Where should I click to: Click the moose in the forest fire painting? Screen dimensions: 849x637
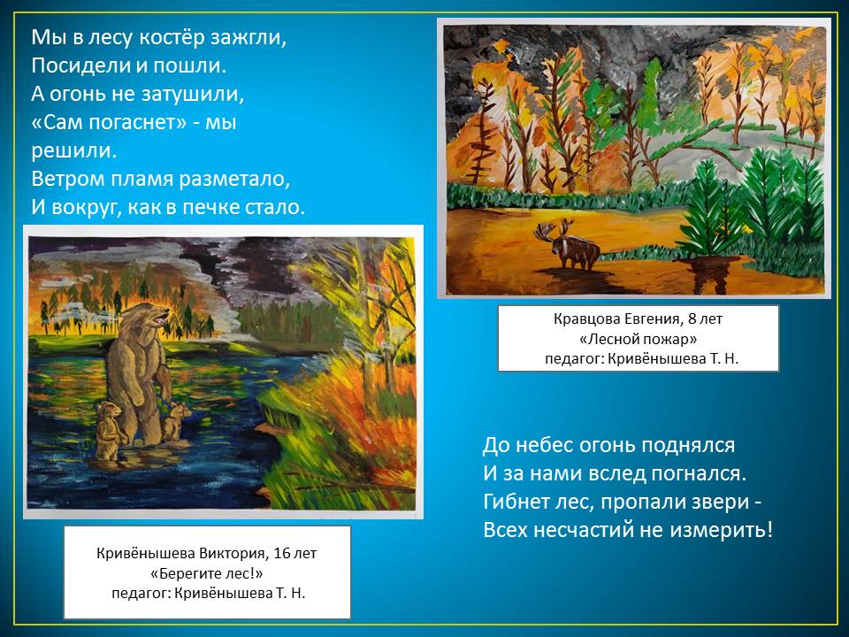(568, 245)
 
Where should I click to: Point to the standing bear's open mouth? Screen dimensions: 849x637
(162, 319)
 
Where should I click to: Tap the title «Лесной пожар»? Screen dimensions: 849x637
(638, 339)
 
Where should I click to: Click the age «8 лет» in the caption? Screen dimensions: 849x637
(705, 318)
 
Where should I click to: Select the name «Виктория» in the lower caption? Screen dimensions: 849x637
(233, 554)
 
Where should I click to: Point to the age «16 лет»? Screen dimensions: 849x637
(295, 554)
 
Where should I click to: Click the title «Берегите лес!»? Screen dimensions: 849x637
(206, 573)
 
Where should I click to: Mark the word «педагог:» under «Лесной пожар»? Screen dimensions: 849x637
(574, 359)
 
